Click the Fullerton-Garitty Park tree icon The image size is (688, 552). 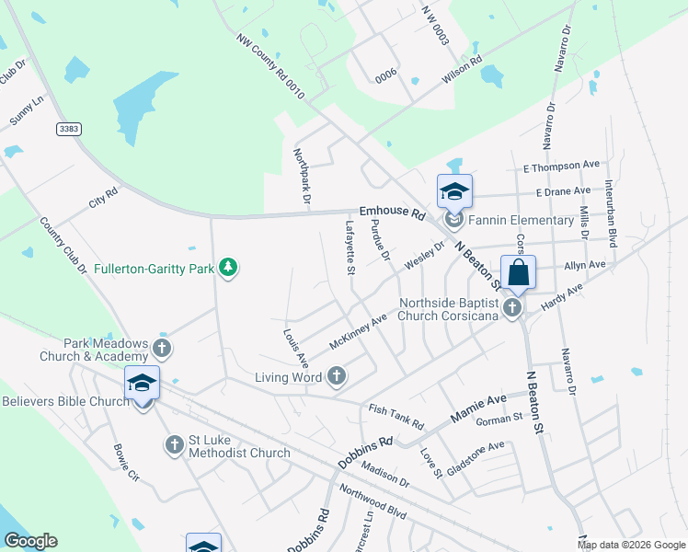pyautogui.click(x=228, y=269)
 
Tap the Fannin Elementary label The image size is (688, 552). pyautogui.click(x=521, y=221)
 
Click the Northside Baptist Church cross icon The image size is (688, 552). pyautogui.click(x=513, y=307)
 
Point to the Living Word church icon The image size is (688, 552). pyautogui.click(x=337, y=375)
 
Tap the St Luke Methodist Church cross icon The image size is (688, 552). pyautogui.click(x=175, y=445)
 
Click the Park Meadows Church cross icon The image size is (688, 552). pyautogui.click(x=162, y=348)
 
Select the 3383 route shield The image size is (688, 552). pyautogui.click(x=67, y=128)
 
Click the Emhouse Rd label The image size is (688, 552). pyautogui.click(x=392, y=213)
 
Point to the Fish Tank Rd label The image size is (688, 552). pyautogui.click(x=396, y=417)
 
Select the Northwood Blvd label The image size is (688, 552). pyautogui.click(x=373, y=502)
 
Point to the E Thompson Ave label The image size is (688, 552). pyautogui.click(x=562, y=167)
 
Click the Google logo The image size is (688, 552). pyautogui.click(x=30, y=541)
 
